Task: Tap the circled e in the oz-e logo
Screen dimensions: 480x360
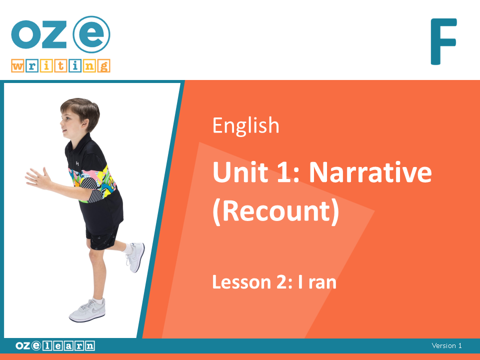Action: click(91, 34)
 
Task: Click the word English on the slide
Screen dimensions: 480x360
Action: click(246, 125)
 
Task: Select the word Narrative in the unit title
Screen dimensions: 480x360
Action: click(370, 172)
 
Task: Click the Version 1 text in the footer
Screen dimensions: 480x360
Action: click(446, 345)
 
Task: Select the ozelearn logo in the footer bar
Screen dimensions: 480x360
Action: click(55, 345)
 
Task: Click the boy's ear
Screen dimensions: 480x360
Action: click(84, 124)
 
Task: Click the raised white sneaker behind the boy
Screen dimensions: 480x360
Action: click(135, 257)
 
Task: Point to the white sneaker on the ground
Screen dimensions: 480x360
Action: click(87, 310)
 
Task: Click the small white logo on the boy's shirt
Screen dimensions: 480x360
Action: click(77, 163)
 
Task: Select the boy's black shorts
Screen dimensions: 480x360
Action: click(102, 235)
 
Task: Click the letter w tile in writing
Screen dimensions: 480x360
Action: click(18, 66)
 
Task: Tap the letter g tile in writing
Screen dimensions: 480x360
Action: click(103, 66)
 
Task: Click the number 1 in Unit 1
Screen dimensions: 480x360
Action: click(284, 172)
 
